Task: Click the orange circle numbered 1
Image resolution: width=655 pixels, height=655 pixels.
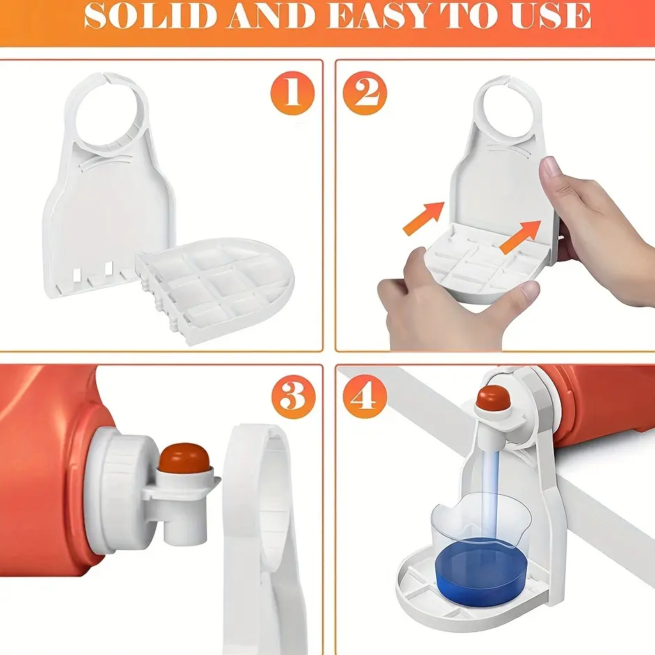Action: tap(292, 92)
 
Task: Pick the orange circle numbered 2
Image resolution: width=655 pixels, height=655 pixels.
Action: tap(364, 93)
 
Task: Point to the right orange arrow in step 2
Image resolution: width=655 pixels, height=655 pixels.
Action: tap(521, 236)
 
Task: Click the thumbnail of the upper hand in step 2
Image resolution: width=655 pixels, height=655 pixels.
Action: tap(550, 167)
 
